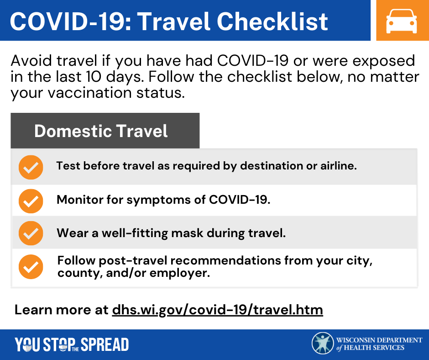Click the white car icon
(x=401, y=21)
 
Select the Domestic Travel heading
(x=101, y=131)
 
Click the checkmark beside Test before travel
(x=31, y=167)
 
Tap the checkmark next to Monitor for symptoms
(x=31, y=201)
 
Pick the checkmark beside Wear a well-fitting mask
(x=31, y=233)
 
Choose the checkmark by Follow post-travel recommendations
(x=31, y=267)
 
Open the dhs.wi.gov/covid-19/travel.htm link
(x=218, y=310)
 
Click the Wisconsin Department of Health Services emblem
(x=323, y=343)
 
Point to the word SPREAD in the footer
(x=105, y=344)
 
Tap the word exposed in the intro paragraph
(x=383, y=61)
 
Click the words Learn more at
(x=61, y=310)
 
